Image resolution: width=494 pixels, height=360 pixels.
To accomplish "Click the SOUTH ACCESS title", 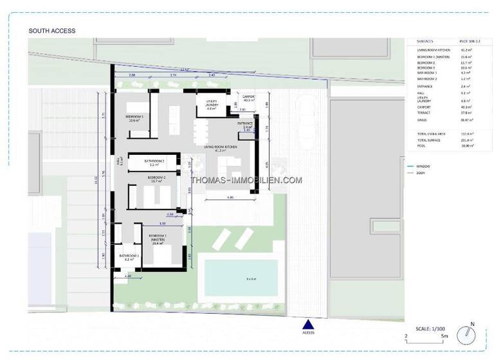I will coord(52,31).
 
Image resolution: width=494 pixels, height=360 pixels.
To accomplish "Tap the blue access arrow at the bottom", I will coord(309,325).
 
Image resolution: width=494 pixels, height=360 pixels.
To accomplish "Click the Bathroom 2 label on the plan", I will coord(154,162).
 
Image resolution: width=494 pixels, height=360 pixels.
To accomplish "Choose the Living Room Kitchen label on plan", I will coord(221,148).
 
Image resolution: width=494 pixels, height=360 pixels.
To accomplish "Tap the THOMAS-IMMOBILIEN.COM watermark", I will coord(247,181).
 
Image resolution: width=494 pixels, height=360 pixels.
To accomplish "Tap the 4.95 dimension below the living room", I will coord(230,197).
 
